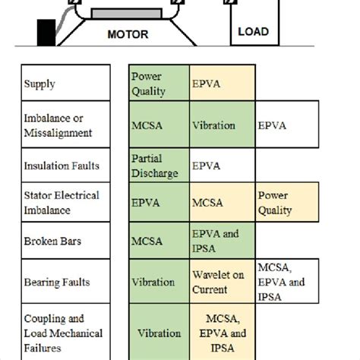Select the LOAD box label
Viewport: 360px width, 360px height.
click(x=253, y=32)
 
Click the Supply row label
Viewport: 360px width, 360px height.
click(x=40, y=84)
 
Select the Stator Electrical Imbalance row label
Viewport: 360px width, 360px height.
click(x=62, y=203)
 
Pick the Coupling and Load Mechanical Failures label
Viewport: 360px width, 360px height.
click(x=63, y=333)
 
